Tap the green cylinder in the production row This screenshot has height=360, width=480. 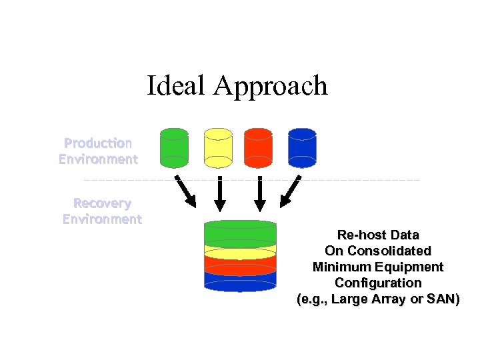click(x=174, y=147)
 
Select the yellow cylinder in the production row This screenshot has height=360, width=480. click(x=218, y=147)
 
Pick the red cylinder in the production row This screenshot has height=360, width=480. click(x=259, y=147)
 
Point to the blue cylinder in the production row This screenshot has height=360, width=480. click(x=302, y=147)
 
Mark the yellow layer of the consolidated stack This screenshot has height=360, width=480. click(x=240, y=251)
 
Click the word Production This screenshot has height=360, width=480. click(x=98, y=143)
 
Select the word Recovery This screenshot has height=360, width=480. click(x=102, y=203)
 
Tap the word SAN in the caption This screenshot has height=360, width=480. click(x=441, y=299)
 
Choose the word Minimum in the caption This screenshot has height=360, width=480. click(x=340, y=267)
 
